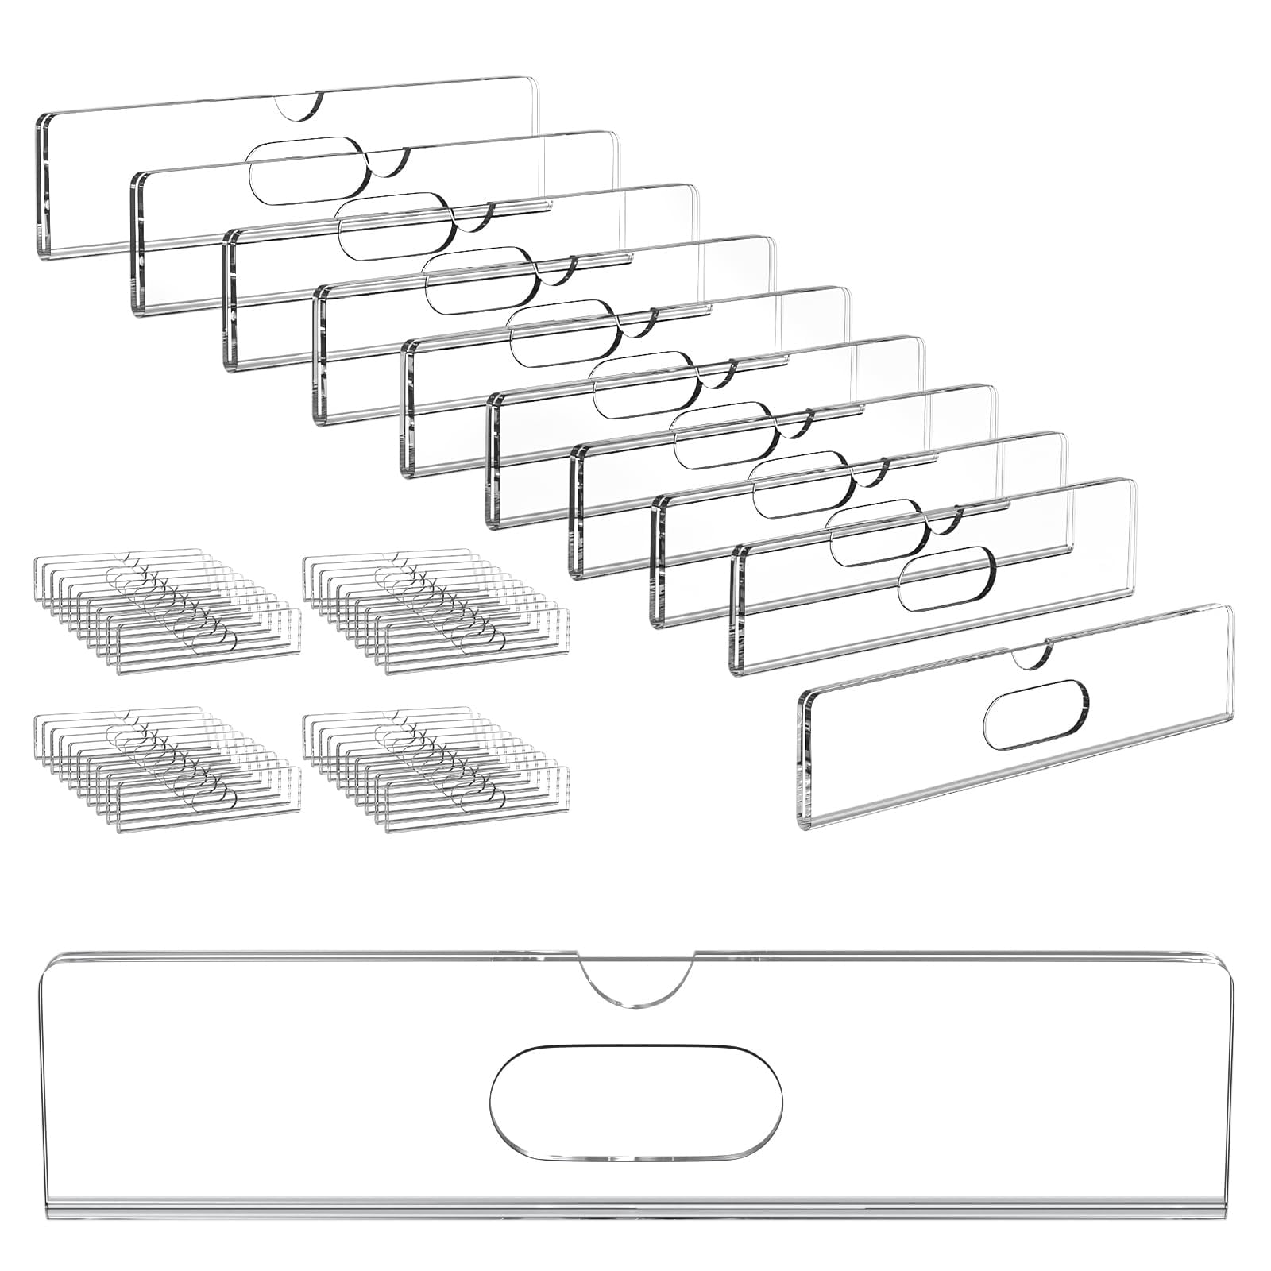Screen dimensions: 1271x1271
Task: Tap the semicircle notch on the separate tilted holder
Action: [1030, 654]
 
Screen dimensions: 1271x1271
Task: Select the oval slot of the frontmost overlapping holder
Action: [946, 578]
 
